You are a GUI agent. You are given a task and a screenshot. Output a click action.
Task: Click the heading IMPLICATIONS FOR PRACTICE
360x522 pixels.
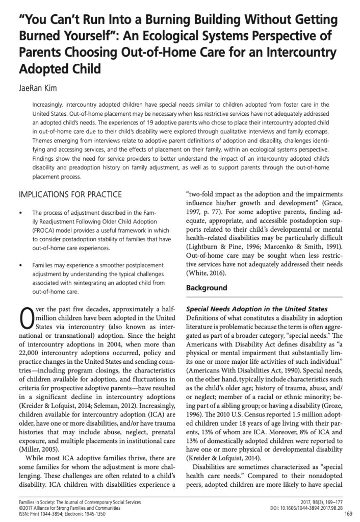pos(70,194)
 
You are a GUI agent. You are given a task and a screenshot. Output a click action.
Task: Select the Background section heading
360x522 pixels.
pos(207,288)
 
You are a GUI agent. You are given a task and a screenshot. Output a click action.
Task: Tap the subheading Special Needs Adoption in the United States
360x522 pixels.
pos(256,309)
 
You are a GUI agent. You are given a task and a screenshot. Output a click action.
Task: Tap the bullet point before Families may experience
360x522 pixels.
pos(20,266)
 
